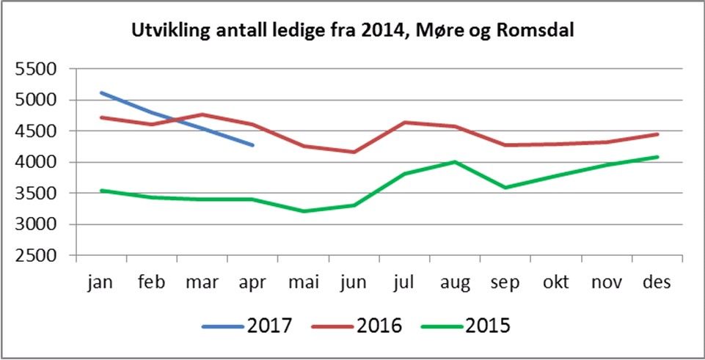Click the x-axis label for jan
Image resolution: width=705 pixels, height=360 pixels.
click(101, 283)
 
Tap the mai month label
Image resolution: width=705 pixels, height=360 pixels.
click(304, 283)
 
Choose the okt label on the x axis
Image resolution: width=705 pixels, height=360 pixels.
click(556, 283)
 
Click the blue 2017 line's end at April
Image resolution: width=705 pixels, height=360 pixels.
click(253, 145)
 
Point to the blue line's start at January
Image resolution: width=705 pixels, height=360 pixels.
click(101, 92)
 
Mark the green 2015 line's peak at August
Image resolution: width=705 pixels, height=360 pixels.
click(456, 162)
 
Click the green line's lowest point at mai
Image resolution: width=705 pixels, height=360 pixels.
click(304, 211)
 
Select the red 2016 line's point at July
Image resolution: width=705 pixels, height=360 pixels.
click(405, 122)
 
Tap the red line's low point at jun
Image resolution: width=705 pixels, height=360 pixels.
click(354, 152)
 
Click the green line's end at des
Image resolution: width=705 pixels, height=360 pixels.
click(658, 156)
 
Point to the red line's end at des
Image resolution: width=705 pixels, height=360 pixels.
click(658, 134)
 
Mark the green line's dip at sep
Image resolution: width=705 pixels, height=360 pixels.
click(506, 188)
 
